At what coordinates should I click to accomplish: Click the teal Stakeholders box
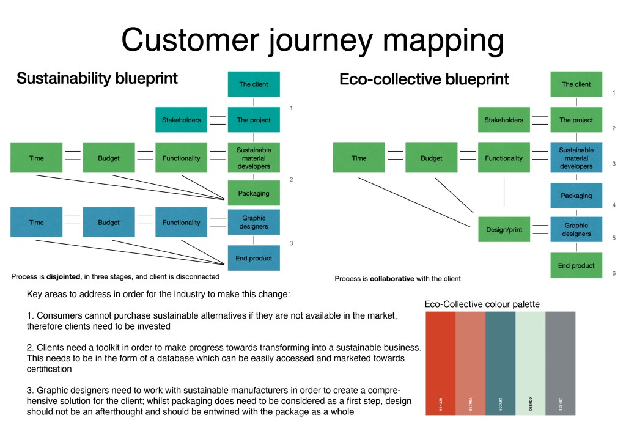181,120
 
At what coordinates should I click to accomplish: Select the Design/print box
504,229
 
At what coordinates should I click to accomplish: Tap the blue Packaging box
576,196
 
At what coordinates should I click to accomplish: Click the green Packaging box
254,193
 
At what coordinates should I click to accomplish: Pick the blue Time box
37,223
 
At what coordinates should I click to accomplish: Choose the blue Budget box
109,223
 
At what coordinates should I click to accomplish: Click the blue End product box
254,258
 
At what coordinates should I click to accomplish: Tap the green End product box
576,266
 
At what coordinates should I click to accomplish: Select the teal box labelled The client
254,84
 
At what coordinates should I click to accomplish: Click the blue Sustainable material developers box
576,158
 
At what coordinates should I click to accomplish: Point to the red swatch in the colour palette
440,363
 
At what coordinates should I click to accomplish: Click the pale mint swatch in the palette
530,363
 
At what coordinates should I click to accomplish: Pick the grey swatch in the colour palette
560,363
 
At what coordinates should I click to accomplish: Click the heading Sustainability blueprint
97,78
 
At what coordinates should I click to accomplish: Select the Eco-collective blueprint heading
424,79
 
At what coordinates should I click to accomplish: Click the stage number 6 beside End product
613,273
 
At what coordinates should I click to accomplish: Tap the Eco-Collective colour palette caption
482,304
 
